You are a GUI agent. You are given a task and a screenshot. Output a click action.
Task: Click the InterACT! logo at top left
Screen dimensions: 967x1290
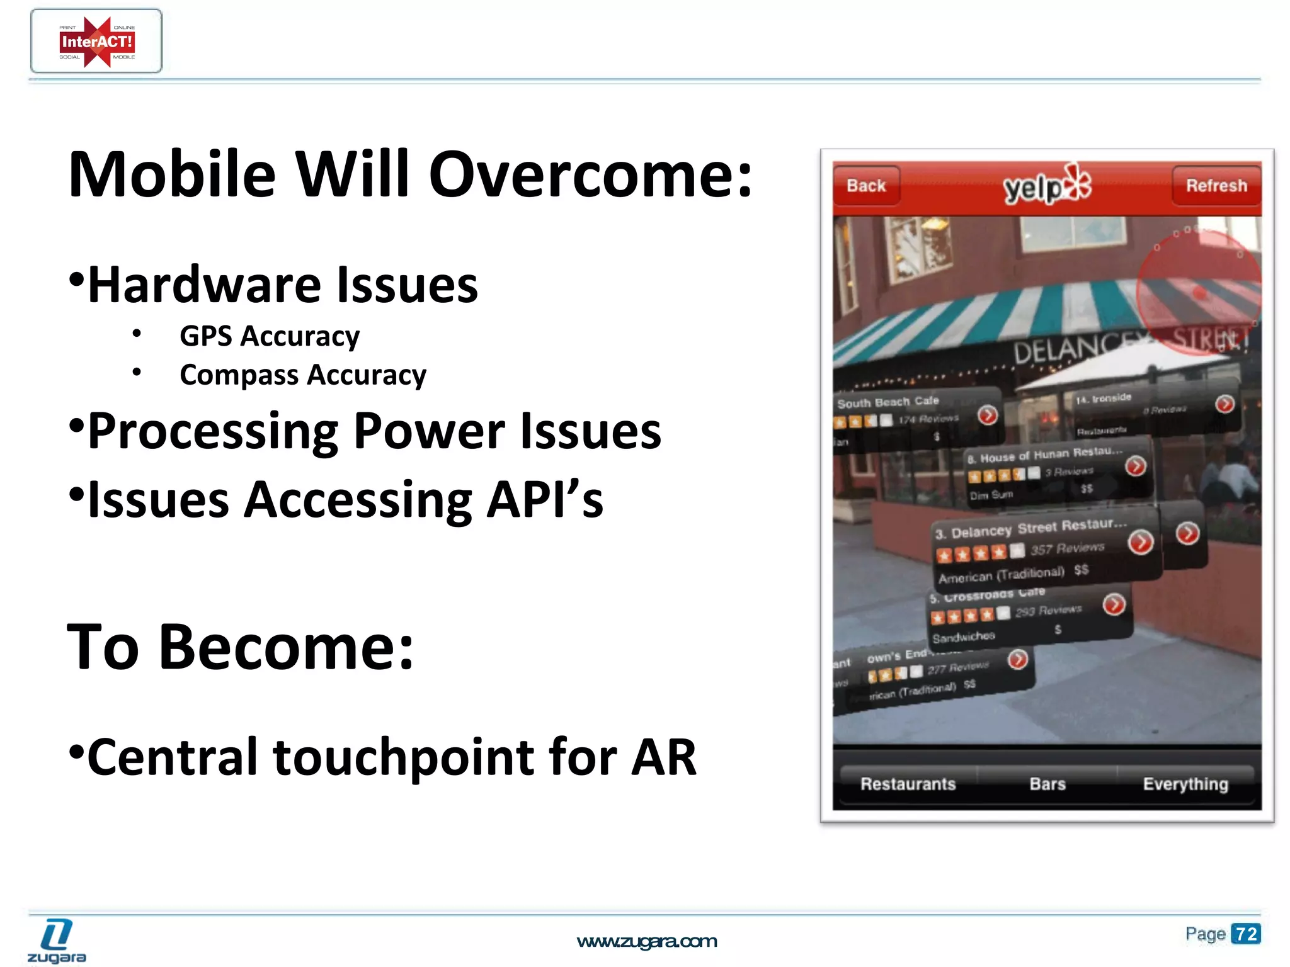(96, 42)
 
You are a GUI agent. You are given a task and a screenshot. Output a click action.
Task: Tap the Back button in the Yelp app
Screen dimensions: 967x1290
(866, 186)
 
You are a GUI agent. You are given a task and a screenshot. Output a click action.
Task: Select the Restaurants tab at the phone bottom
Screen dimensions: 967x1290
(908, 784)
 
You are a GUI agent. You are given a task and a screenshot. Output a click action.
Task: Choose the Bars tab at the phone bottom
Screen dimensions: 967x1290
(1047, 784)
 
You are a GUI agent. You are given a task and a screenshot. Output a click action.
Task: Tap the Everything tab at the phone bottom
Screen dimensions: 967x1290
(1185, 784)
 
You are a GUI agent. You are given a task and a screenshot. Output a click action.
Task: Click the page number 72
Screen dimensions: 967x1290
(1246, 934)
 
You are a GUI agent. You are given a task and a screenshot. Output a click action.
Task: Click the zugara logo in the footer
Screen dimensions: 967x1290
(57, 941)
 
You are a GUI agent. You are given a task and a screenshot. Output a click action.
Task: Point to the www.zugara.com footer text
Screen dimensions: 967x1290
(647, 941)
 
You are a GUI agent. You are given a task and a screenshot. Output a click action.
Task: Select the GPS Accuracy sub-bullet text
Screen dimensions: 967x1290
(270, 336)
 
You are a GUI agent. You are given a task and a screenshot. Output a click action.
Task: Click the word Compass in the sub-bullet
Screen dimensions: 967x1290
(239, 375)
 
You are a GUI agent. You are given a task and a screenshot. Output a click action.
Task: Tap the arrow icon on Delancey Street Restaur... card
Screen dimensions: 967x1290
(1141, 542)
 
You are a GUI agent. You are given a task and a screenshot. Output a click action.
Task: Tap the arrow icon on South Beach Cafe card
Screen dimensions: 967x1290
(988, 415)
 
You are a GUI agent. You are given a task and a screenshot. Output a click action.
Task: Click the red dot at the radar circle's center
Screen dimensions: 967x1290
(1199, 293)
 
